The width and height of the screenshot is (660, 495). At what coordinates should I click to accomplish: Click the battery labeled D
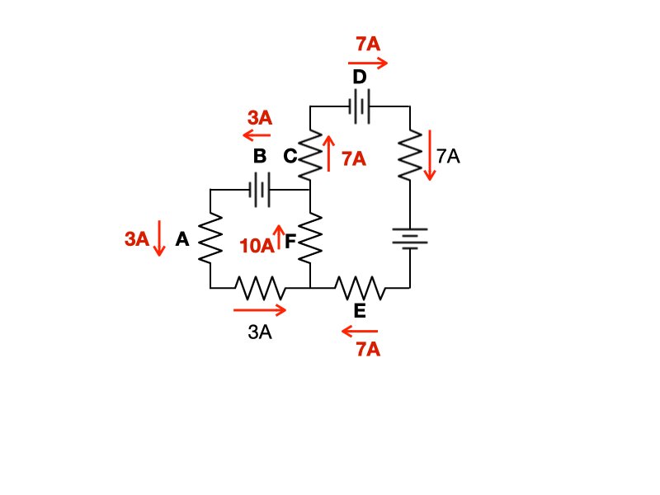click(360, 106)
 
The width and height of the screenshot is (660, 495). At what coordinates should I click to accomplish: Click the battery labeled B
click(259, 190)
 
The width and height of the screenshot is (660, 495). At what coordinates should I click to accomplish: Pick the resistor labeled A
click(210, 239)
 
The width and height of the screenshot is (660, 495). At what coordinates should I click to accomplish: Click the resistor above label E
click(359, 288)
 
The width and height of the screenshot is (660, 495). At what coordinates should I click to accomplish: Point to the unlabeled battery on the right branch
click(409, 238)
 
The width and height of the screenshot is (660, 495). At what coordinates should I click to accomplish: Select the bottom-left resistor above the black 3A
click(260, 288)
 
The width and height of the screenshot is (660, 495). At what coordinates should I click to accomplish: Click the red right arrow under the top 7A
click(367, 62)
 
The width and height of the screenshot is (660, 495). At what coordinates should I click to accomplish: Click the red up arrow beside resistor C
click(329, 153)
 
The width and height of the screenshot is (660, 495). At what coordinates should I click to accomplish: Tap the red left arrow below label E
click(360, 332)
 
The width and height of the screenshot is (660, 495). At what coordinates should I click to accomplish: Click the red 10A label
click(256, 246)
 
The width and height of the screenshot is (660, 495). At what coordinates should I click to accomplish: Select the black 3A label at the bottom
click(260, 332)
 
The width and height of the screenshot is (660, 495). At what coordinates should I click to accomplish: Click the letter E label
click(360, 311)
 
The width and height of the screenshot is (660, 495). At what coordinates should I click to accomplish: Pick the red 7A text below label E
click(368, 350)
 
